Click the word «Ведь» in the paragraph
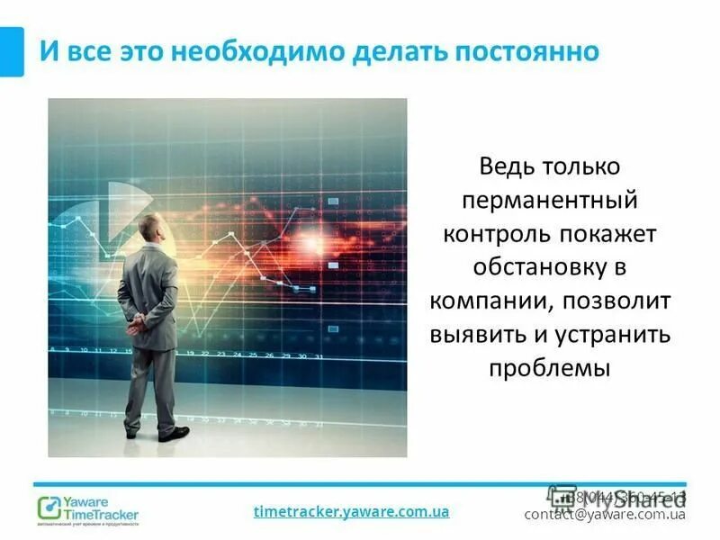coord(508,167)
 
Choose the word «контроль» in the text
coord(492,234)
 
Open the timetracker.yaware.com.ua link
coord(351,511)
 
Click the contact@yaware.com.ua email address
coord(605,515)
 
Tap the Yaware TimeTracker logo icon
coord(49,506)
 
